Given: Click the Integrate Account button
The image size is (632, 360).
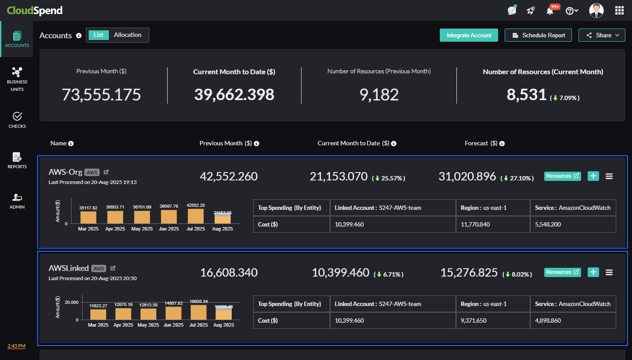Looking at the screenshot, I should (x=469, y=35).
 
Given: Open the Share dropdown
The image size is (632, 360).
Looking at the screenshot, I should (x=602, y=35).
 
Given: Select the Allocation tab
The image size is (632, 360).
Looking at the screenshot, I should (x=128, y=35).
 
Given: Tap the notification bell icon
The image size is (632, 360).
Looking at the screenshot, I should (x=550, y=11).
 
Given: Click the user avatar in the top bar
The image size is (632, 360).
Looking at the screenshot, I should (x=596, y=11).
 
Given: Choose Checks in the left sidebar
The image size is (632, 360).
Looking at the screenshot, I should (x=17, y=120).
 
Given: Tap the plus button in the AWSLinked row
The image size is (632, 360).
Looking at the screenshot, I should (x=593, y=272).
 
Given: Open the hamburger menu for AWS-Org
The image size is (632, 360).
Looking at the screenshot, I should (x=609, y=176).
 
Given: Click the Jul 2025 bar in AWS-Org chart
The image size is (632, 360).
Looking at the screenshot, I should (x=195, y=216).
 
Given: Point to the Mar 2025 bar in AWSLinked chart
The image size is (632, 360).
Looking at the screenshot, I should (x=98, y=314).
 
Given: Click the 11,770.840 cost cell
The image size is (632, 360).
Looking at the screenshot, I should (x=492, y=224).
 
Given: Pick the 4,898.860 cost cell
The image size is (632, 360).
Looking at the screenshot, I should (x=573, y=320).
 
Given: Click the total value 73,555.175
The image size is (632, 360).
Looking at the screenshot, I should (x=101, y=95).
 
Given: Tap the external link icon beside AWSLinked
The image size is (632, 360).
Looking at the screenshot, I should (x=113, y=268).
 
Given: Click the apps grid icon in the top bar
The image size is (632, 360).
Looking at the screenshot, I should (x=620, y=11).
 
